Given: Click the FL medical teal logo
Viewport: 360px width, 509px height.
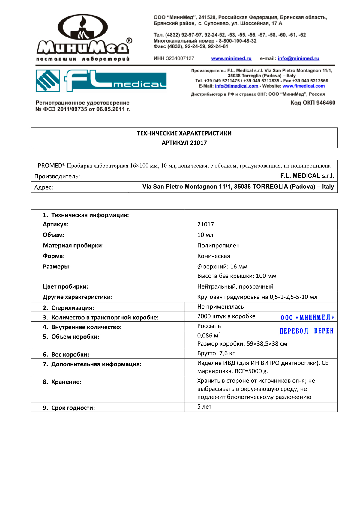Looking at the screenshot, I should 101,81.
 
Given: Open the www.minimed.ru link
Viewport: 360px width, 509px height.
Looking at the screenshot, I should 231,58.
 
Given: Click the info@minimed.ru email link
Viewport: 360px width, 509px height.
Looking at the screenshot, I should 298,58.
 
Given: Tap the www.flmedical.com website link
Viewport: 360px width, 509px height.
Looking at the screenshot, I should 304,86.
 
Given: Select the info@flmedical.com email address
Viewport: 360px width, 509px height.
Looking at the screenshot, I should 236,86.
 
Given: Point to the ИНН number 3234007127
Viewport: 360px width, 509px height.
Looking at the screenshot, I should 180,58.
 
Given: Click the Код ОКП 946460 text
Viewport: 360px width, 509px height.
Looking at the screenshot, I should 313,103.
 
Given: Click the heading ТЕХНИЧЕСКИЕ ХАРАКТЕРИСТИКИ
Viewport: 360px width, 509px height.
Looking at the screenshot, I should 184,133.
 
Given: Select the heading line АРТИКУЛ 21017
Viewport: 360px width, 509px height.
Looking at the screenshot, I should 184,143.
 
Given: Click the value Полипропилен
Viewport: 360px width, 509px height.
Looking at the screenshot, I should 218,246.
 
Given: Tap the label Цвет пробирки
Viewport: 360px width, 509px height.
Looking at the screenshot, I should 66,286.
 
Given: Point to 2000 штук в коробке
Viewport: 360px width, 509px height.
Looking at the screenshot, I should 226,316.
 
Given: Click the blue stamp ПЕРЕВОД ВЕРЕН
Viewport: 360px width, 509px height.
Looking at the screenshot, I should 306,331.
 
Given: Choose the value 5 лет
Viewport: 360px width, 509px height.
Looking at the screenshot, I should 204,407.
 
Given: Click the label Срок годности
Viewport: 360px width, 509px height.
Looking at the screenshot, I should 73,408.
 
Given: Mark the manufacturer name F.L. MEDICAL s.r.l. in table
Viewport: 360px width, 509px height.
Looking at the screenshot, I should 307,176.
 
